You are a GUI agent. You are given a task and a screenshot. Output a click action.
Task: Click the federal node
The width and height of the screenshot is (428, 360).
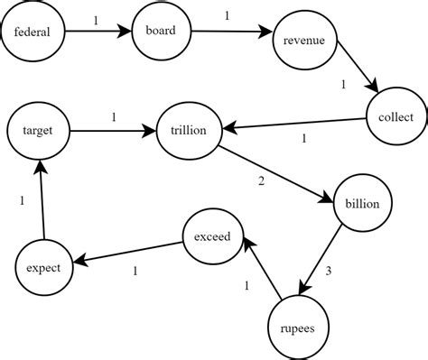[33, 34]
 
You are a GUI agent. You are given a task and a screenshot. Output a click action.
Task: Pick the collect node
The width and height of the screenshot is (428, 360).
[395, 116]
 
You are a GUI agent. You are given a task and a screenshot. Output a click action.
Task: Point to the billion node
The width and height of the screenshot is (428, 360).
[363, 204]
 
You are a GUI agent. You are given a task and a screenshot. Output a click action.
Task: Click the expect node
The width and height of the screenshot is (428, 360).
[43, 269]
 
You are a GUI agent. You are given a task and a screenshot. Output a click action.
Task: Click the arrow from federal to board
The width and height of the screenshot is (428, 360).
[98, 34]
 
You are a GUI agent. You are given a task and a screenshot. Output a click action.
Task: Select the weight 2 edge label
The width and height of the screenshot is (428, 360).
[262, 181]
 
